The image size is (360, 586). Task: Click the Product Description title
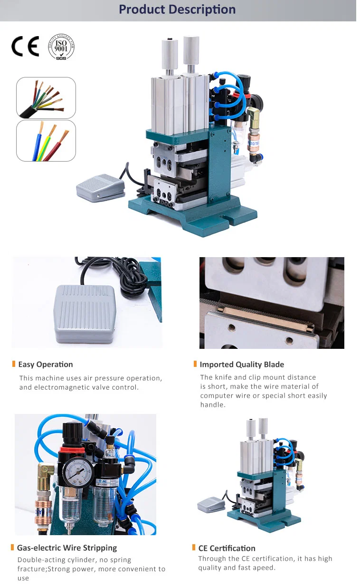(x=177, y=10)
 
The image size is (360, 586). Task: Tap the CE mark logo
(x=25, y=46)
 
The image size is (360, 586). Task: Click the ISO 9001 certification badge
(x=61, y=46)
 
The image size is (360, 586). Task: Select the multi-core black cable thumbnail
(x=46, y=98)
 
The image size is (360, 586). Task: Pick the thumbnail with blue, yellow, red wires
(x=46, y=141)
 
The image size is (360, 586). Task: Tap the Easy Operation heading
(x=46, y=365)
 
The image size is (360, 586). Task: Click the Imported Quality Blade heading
(x=242, y=365)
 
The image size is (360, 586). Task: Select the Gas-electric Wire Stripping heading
(x=66, y=548)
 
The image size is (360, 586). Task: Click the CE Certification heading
(x=227, y=548)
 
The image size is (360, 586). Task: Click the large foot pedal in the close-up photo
(x=85, y=313)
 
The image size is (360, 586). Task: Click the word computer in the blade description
(x=216, y=395)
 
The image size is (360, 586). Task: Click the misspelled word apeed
(x=264, y=567)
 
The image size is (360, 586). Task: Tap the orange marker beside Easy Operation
(x=14, y=364)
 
